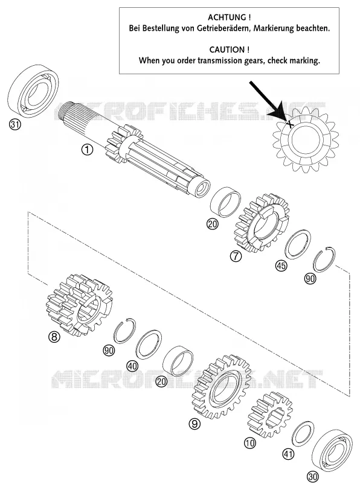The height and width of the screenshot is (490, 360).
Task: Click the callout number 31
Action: click(x=14, y=124)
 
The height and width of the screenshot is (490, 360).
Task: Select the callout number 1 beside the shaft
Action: click(x=87, y=150)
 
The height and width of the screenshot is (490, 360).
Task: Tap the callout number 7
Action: click(x=236, y=256)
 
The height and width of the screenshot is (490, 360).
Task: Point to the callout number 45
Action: click(x=281, y=266)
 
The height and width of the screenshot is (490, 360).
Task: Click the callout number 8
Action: click(x=54, y=337)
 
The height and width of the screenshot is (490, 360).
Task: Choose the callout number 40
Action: click(x=132, y=366)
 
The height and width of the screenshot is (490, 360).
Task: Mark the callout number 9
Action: click(x=194, y=424)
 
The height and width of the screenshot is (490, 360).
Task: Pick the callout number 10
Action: click(x=249, y=442)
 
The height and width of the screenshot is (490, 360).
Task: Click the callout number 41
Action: click(x=288, y=454)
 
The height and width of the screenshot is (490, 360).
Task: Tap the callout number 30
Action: click(x=313, y=477)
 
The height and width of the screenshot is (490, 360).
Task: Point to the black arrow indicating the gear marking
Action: click(x=268, y=101)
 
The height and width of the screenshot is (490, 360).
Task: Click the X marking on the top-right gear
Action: click(x=290, y=124)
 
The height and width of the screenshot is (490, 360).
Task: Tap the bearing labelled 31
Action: click(x=33, y=89)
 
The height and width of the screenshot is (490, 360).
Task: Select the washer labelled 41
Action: click(x=303, y=433)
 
